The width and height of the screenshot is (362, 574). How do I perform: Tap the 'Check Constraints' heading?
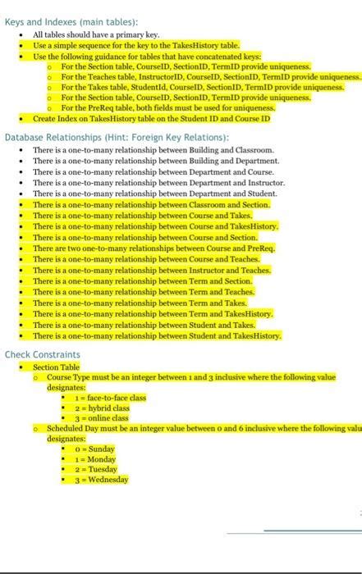click(43, 354)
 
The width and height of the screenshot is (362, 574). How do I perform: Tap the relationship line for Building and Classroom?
click(153, 151)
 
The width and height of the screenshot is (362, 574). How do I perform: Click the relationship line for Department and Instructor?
click(158, 183)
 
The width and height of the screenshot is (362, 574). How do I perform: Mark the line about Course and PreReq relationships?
click(154, 247)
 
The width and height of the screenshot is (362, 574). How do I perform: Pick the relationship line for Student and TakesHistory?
click(157, 335)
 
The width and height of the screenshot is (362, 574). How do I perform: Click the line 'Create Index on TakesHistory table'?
click(151, 118)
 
